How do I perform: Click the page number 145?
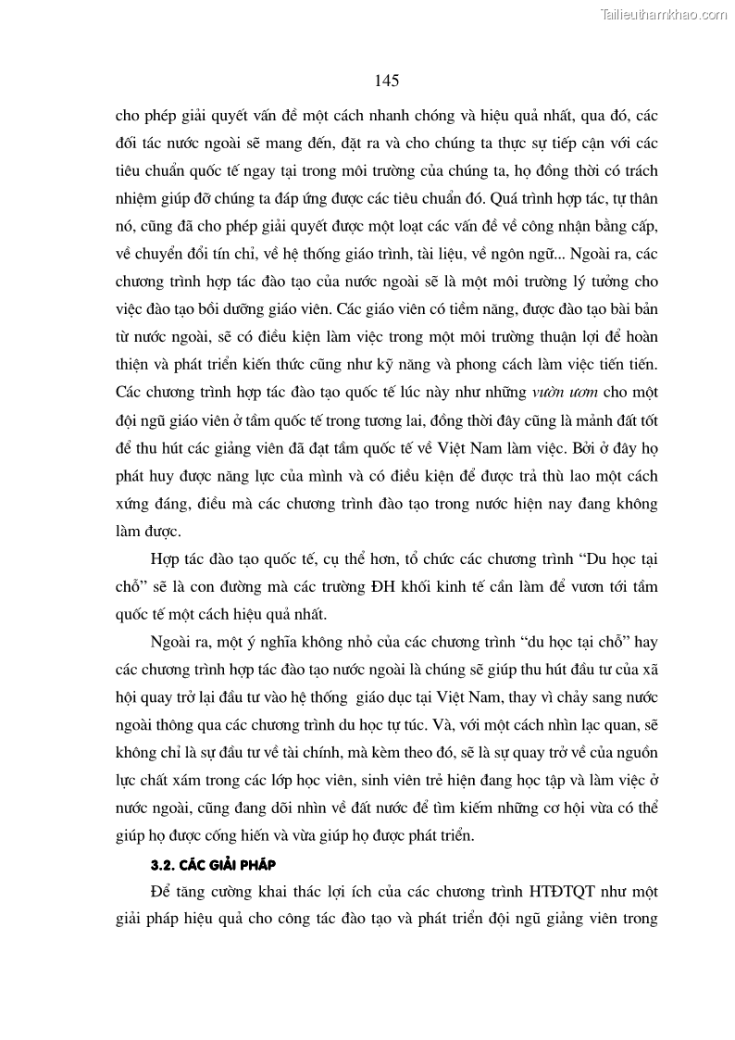[x=387, y=81]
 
